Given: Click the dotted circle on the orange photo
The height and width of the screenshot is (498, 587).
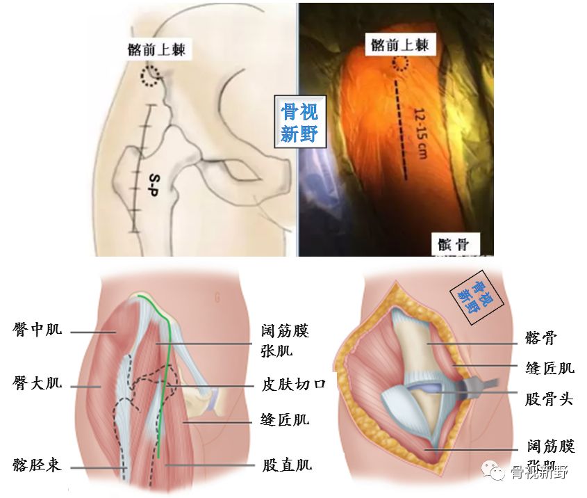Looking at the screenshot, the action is click(401, 64).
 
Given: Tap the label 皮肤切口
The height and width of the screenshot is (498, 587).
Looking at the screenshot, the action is click(295, 385).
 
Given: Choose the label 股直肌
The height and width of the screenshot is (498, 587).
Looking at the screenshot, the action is click(286, 464).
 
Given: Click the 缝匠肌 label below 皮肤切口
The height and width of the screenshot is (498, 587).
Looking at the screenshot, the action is click(286, 419).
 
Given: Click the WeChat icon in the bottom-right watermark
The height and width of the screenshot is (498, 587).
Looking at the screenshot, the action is click(498, 473).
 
